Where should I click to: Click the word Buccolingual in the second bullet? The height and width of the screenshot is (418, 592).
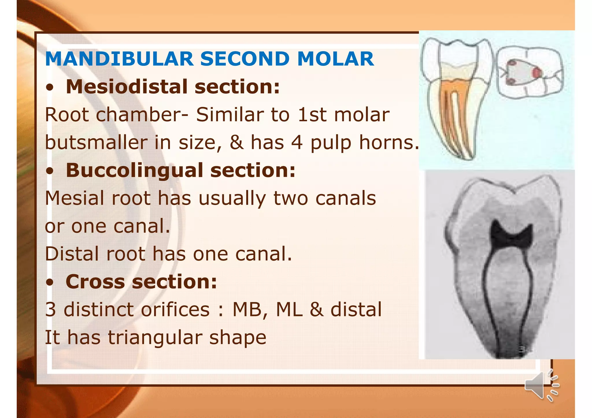[134, 170]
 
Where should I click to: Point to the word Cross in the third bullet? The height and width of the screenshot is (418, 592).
[95, 281]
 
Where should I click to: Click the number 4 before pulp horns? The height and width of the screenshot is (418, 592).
[297, 143]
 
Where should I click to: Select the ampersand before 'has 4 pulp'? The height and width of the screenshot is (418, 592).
[236, 143]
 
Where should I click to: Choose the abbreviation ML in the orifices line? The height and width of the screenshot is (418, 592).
[289, 309]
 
